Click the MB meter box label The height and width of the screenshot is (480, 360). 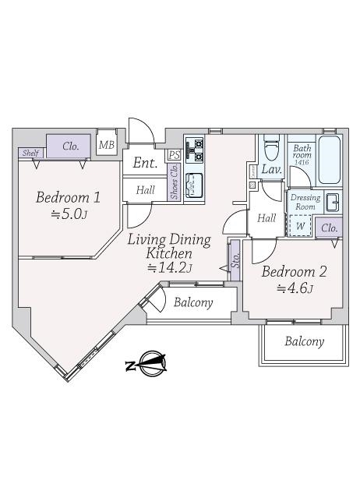tap(107, 145)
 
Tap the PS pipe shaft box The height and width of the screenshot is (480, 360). tap(175, 155)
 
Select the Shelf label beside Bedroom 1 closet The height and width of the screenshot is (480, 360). tap(30, 153)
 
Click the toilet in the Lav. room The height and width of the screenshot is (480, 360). tap(271, 148)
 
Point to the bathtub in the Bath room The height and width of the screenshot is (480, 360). tap(330, 160)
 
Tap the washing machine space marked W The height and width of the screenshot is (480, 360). tap(300, 226)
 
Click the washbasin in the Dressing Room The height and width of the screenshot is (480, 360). tap(333, 203)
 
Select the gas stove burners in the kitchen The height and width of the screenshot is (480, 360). tap(195, 150)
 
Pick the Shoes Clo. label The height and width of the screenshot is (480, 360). tap(175, 182)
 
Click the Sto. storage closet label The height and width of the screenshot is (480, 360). tap(235, 260)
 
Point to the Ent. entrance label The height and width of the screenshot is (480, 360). tap(145, 163)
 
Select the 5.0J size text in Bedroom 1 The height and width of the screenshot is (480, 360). tap(69, 214)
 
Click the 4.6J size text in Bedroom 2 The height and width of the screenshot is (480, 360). tap(295, 288)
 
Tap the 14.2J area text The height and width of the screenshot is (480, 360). tap(169, 268)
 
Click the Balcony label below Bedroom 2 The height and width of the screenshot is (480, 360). tap(304, 341)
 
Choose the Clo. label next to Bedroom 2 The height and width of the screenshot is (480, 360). tap(330, 228)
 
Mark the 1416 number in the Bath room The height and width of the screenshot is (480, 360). tap(302, 163)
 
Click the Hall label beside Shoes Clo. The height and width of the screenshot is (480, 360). tap(146, 190)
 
